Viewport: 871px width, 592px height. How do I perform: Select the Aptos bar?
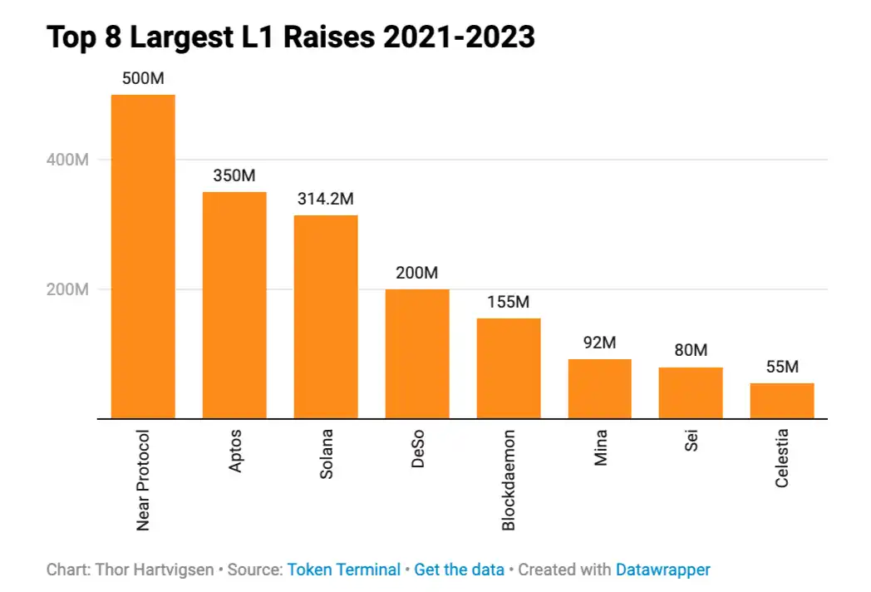click(234, 305)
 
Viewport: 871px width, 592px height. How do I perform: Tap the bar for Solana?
click(326, 317)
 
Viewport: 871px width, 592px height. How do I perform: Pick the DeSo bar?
click(417, 353)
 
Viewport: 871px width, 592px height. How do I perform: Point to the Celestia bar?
click(782, 401)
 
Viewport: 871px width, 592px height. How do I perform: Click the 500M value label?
click(143, 79)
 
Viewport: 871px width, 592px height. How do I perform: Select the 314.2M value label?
click(326, 200)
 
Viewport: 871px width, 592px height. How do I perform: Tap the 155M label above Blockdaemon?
click(509, 303)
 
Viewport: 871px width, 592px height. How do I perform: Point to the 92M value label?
click(599, 343)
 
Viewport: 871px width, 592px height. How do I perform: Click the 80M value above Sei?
click(691, 351)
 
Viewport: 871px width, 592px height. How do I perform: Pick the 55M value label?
click(782, 367)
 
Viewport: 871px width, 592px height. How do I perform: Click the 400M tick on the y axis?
click(68, 160)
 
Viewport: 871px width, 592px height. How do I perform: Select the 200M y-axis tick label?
click(68, 289)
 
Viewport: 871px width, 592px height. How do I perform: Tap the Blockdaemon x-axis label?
click(509, 480)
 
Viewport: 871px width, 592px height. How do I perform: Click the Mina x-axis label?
click(600, 446)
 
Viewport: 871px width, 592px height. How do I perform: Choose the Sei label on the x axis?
click(691, 440)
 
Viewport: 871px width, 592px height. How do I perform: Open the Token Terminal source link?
click(344, 570)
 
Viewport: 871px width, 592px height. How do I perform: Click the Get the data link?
click(459, 570)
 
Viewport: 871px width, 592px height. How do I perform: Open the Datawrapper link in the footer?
click(662, 570)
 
